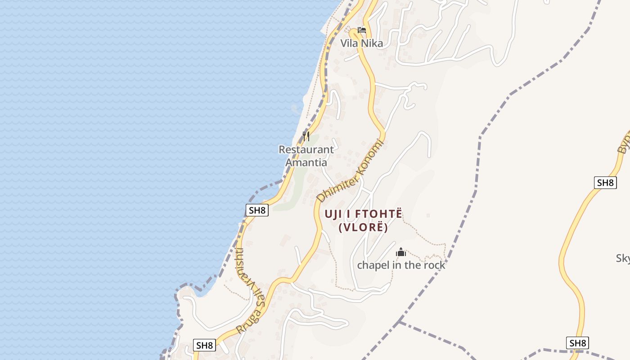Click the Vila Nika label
click(361, 43)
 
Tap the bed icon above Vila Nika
click(361, 30)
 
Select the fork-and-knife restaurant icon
click(306, 136)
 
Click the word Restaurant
click(306, 149)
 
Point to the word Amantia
click(306, 162)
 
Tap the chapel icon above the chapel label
click(400, 252)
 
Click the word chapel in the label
click(372, 265)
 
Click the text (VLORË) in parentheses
click(363, 227)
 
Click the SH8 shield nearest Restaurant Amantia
click(257, 210)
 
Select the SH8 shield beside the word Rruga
click(204, 345)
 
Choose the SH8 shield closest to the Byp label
click(605, 183)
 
